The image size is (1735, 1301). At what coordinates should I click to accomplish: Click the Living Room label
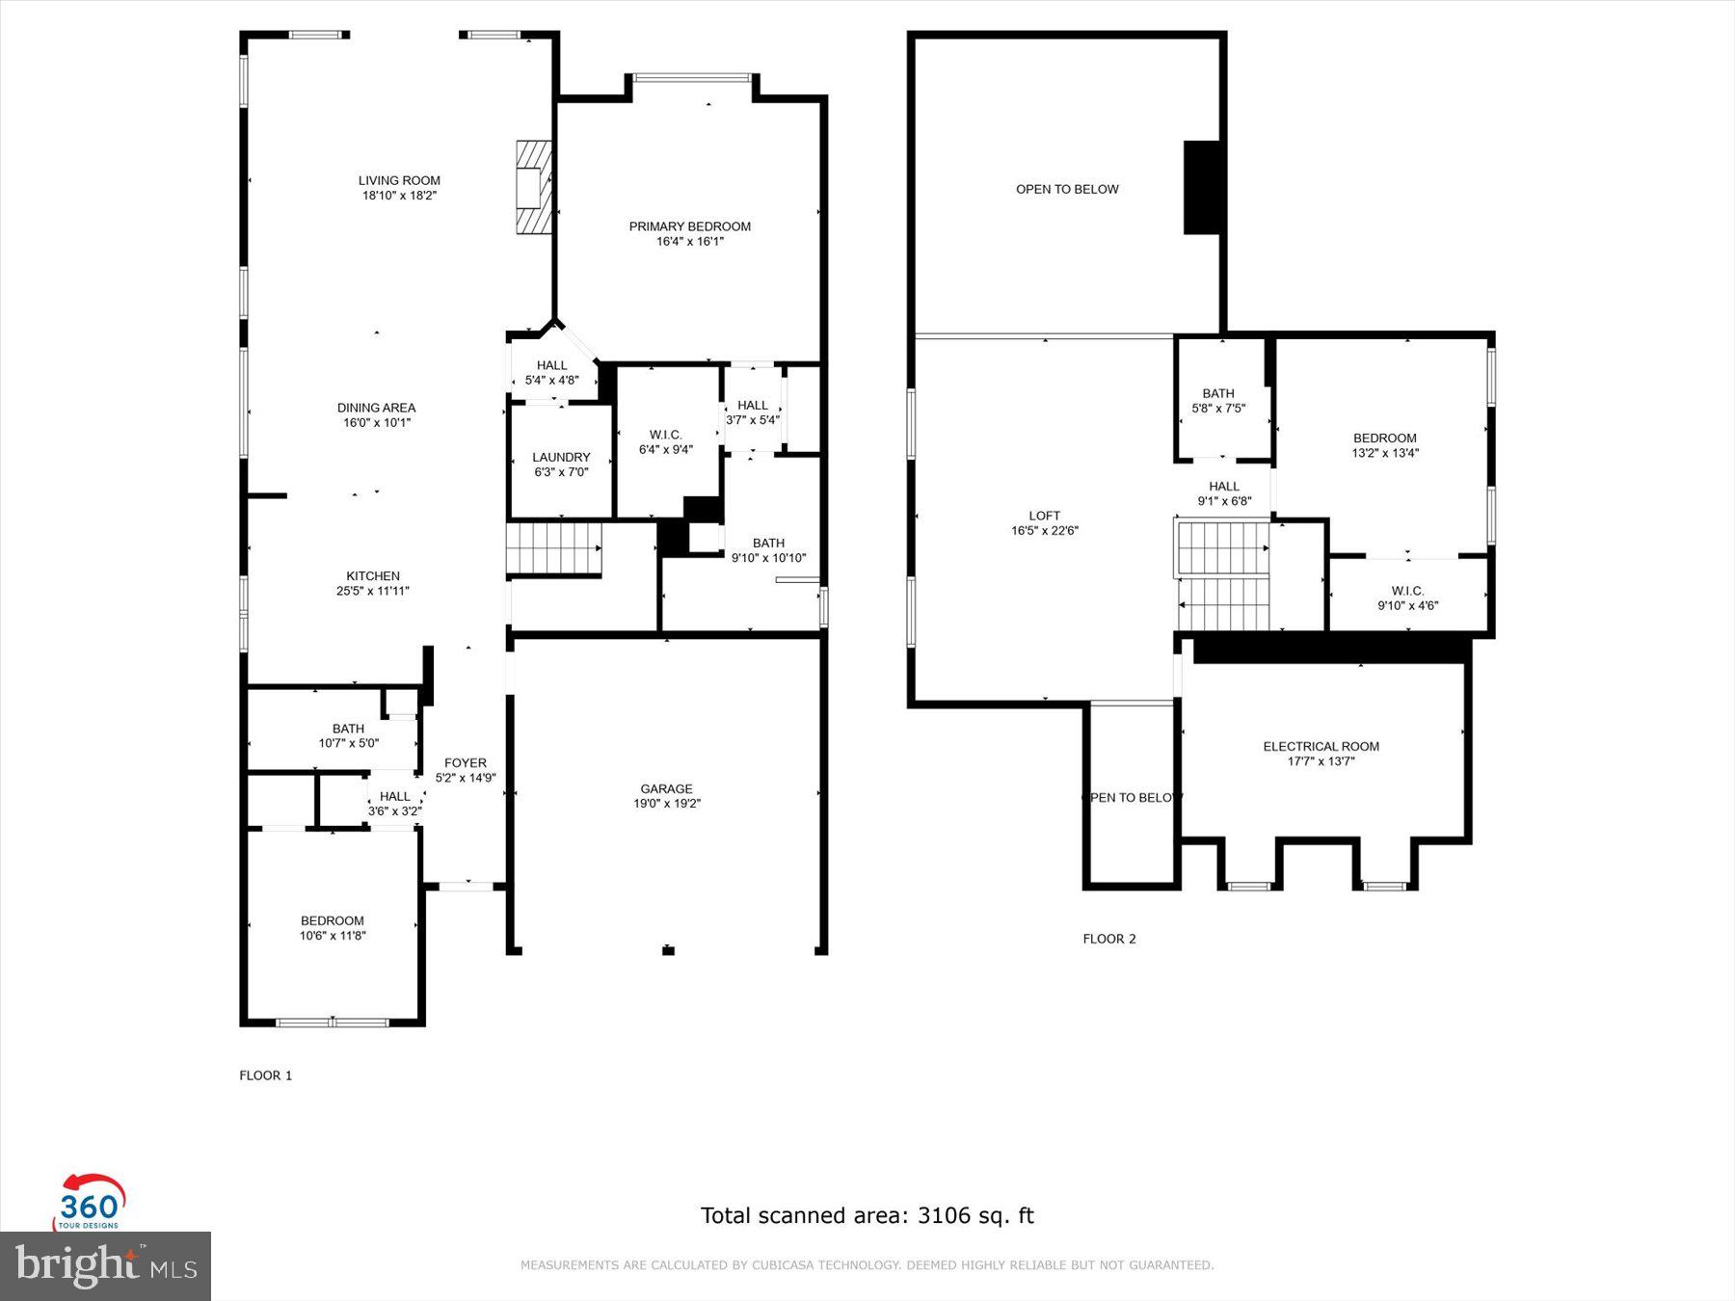[399, 180]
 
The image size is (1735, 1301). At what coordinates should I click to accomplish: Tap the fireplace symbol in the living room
[533, 187]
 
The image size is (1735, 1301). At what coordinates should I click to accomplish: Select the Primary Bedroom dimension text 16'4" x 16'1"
[690, 242]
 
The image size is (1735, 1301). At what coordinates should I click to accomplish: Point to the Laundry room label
[561, 457]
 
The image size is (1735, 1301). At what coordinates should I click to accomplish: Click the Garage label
[667, 788]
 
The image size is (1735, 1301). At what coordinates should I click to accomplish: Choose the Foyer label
[466, 763]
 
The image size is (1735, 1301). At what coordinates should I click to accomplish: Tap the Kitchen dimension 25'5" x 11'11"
[373, 591]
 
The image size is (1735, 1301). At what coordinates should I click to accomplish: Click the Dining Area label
[377, 408]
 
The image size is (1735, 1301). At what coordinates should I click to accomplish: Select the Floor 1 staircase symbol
[554, 549]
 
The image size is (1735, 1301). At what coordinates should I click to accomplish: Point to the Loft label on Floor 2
[1045, 516]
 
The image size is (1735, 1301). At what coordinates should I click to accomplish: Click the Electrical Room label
[1321, 746]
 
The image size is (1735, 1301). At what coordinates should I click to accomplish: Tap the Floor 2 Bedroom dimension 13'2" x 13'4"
[1386, 453]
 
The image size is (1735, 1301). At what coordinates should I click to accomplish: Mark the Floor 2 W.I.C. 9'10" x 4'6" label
[1408, 598]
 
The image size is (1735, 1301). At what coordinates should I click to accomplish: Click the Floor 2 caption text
[1109, 939]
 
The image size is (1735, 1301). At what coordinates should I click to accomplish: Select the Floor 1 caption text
[266, 1075]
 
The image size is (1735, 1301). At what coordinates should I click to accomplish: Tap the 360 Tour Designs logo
[91, 1202]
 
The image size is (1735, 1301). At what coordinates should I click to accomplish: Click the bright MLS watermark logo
[106, 1265]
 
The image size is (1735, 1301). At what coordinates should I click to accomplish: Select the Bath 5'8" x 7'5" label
[1218, 401]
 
